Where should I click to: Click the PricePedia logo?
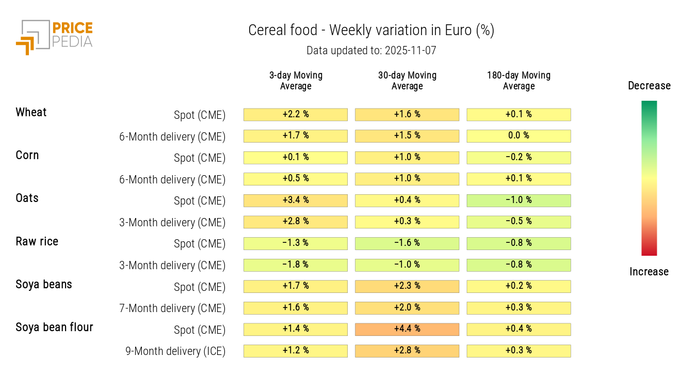point(54,37)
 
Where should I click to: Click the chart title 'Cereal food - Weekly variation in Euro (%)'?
point(371,30)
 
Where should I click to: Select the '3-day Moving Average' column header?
point(296,81)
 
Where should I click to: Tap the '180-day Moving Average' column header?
point(518,81)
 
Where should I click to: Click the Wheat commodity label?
point(31,113)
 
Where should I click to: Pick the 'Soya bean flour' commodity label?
point(54,328)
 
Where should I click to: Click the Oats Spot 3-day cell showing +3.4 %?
point(296,200)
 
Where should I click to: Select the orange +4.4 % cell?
point(407,329)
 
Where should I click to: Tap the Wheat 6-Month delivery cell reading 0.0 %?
point(518,136)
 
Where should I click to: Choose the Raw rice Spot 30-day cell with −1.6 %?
point(407,243)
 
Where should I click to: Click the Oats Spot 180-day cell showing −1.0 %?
point(518,200)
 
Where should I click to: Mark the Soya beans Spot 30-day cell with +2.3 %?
point(407,286)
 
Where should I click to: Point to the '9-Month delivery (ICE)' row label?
point(175,351)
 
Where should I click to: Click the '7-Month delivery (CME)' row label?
point(172,308)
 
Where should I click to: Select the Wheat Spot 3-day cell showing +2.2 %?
point(296,115)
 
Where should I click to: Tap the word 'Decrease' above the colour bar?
point(649,86)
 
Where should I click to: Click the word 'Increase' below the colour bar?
point(649,272)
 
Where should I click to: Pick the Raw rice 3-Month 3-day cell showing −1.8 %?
point(296,265)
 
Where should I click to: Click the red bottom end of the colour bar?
point(649,252)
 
